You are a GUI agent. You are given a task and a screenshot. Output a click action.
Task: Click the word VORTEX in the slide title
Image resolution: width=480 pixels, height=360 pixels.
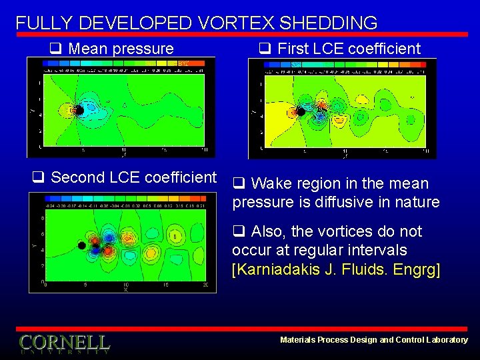click(236, 23)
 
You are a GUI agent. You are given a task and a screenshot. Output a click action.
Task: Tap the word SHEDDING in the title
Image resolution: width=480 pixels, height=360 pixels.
click(329, 23)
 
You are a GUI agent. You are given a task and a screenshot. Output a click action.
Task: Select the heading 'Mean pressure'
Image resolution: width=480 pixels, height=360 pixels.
click(121, 49)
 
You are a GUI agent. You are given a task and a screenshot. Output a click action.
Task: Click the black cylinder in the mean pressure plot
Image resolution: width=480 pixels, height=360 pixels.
click(79, 111)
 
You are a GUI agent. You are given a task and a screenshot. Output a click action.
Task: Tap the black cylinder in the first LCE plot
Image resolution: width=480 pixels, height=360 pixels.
click(301, 112)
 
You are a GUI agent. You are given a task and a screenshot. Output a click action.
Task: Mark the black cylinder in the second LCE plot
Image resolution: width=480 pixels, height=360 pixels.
click(81, 245)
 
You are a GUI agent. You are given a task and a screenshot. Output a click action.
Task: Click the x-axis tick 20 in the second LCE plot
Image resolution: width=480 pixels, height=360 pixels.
click(206, 285)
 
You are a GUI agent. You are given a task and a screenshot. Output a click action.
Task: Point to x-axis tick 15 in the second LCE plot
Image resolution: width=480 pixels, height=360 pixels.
click(166, 285)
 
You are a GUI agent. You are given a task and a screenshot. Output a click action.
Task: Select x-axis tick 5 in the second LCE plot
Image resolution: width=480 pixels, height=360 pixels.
click(85, 285)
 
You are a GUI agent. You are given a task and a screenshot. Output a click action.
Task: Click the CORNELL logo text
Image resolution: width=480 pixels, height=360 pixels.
click(64, 343)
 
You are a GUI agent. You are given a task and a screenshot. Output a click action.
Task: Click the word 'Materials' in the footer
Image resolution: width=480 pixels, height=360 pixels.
click(299, 340)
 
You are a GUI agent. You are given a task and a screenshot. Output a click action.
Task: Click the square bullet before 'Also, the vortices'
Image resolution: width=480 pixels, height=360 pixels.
click(237, 232)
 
